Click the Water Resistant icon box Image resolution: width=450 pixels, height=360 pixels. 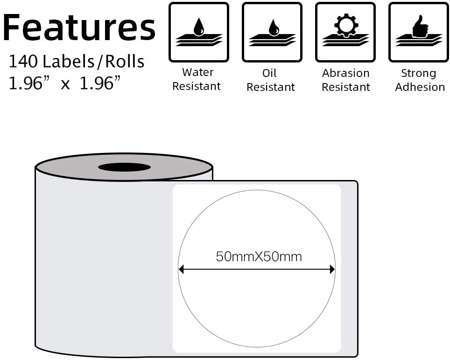coord(198,32)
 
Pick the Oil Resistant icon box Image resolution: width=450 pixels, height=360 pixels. coord(272,32)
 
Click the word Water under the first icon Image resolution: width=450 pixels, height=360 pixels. coord(197,72)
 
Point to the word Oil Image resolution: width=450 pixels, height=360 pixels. coord(270,73)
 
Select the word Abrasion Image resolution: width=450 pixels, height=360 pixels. coord(345,73)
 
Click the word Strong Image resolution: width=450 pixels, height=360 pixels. coord(418,73)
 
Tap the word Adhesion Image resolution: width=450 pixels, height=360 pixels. coord(420,87)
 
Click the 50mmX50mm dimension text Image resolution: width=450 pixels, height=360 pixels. coord(259,256)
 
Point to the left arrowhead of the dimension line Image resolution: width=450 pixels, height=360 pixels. coord(182,269)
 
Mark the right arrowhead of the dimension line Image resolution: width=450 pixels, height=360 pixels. coord(332,269)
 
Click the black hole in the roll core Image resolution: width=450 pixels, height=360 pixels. coord(124,167)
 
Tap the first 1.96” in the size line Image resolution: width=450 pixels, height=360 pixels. coord(28,83)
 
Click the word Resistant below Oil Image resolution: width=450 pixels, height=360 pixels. coord(271,87)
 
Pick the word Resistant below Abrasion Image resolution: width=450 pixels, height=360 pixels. coord(345,87)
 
